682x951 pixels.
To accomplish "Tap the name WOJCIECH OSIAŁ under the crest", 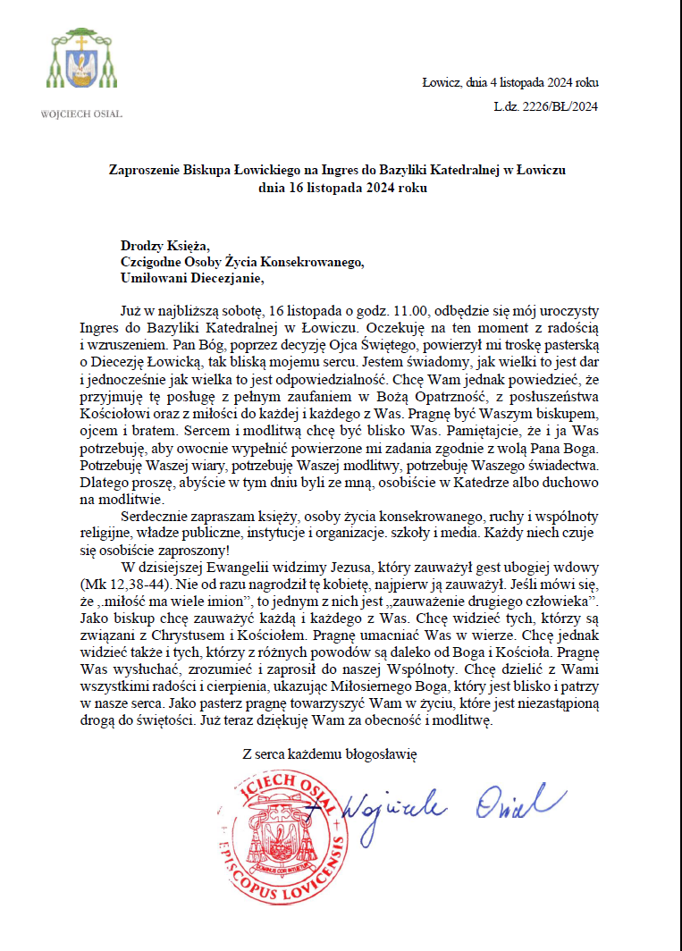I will (81, 114).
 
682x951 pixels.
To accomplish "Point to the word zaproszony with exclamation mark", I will (194, 551).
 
